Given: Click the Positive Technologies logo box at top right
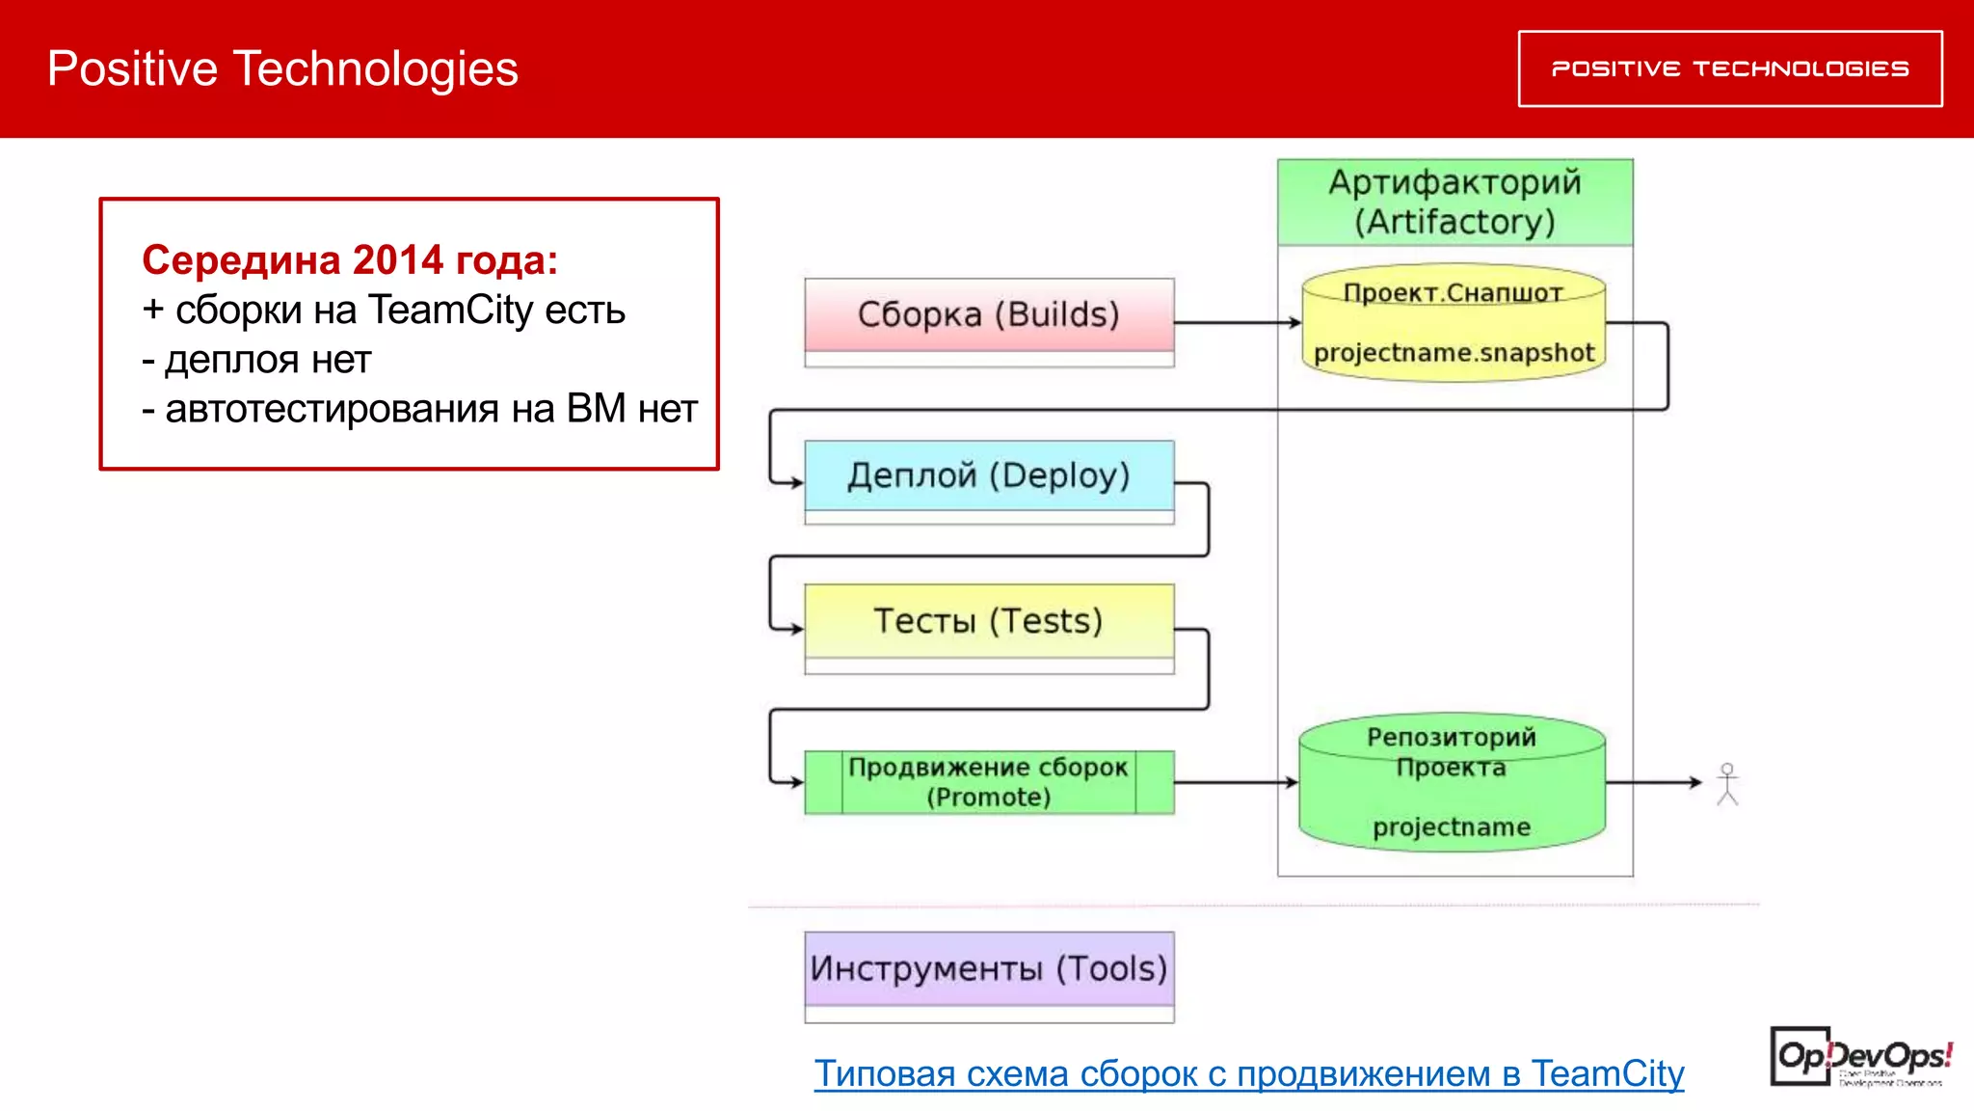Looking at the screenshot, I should [x=1729, y=68].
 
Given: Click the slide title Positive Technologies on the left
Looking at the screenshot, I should [x=282, y=68].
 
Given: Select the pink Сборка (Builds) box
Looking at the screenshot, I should [x=989, y=315].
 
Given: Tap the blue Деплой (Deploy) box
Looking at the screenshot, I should [x=989, y=476].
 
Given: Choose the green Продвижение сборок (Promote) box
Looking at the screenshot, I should [x=989, y=782].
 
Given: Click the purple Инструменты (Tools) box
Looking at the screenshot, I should [x=989, y=969].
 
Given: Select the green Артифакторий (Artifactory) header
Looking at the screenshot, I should [x=1454, y=202].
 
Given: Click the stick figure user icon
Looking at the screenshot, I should [x=1727, y=784].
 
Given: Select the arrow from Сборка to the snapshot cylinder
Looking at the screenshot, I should [x=1236, y=322].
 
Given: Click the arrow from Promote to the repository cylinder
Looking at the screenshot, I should [x=1236, y=782].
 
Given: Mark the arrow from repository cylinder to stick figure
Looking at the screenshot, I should [x=1652, y=782].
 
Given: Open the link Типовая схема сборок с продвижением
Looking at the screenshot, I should [x=1248, y=1073].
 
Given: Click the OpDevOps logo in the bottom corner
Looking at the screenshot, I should [x=1859, y=1058].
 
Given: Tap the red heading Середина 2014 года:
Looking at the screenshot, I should [x=350, y=260].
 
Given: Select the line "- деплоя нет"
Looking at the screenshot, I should [x=256, y=360].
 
